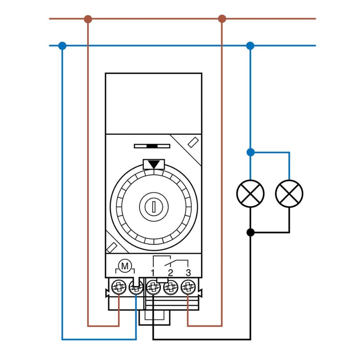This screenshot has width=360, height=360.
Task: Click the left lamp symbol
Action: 251,193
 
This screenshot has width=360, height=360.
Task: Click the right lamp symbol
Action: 289,193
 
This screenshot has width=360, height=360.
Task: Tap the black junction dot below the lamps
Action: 251,232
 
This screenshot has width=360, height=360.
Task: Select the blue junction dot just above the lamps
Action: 251,152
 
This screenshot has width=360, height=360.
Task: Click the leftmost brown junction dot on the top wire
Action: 88,19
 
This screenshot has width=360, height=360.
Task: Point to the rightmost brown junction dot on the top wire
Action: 222,19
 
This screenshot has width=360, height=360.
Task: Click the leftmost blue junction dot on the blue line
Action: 62,46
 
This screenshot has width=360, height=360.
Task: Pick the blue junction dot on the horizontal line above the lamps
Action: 251,46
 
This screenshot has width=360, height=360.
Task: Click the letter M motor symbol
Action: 125,266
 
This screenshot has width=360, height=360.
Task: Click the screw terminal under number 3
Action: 187,287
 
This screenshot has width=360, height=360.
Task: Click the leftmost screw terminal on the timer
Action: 118,287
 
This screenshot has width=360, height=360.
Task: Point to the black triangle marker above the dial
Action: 154,164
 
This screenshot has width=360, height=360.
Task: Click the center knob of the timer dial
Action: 154,206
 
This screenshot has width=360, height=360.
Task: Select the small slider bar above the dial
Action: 152,146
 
